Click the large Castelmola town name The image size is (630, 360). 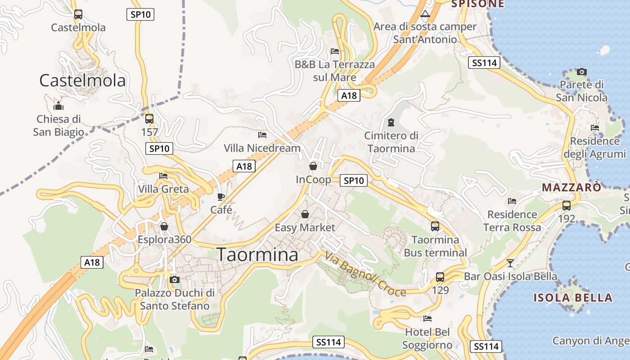pyautogui.click(x=82, y=81)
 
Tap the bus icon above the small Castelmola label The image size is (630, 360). pyautogui.click(x=78, y=14)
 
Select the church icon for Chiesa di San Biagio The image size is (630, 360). pyautogui.click(x=58, y=106)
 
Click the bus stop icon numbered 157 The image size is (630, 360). pyautogui.click(x=149, y=119)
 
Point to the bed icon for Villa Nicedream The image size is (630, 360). pyautogui.click(x=262, y=135)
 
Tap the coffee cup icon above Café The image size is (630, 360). pyautogui.click(x=221, y=197)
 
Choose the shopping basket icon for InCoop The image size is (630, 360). pyautogui.click(x=313, y=166)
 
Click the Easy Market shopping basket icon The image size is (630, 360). pyautogui.click(x=305, y=214)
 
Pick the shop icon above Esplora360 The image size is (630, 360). pyautogui.click(x=164, y=226)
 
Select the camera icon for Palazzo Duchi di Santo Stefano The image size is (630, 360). pyautogui.click(x=175, y=280)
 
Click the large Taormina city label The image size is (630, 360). pyautogui.click(x=257, y=255)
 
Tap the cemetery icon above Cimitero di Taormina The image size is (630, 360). pyautogui.click(x=391, y=122)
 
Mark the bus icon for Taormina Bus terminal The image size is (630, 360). pyautogui.click(x=435, y=226)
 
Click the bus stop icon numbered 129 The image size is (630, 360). pyautogui.click(x=440, y=277)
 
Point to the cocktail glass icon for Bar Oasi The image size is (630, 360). pyautogui.click(x=510, y=263)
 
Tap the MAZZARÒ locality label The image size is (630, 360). pyautogui.click(x=571, y=187)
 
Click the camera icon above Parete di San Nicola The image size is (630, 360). pyautogui.click(x=582, y=72)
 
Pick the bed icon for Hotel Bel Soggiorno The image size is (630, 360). pyautogui.click(x=427, y=319)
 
